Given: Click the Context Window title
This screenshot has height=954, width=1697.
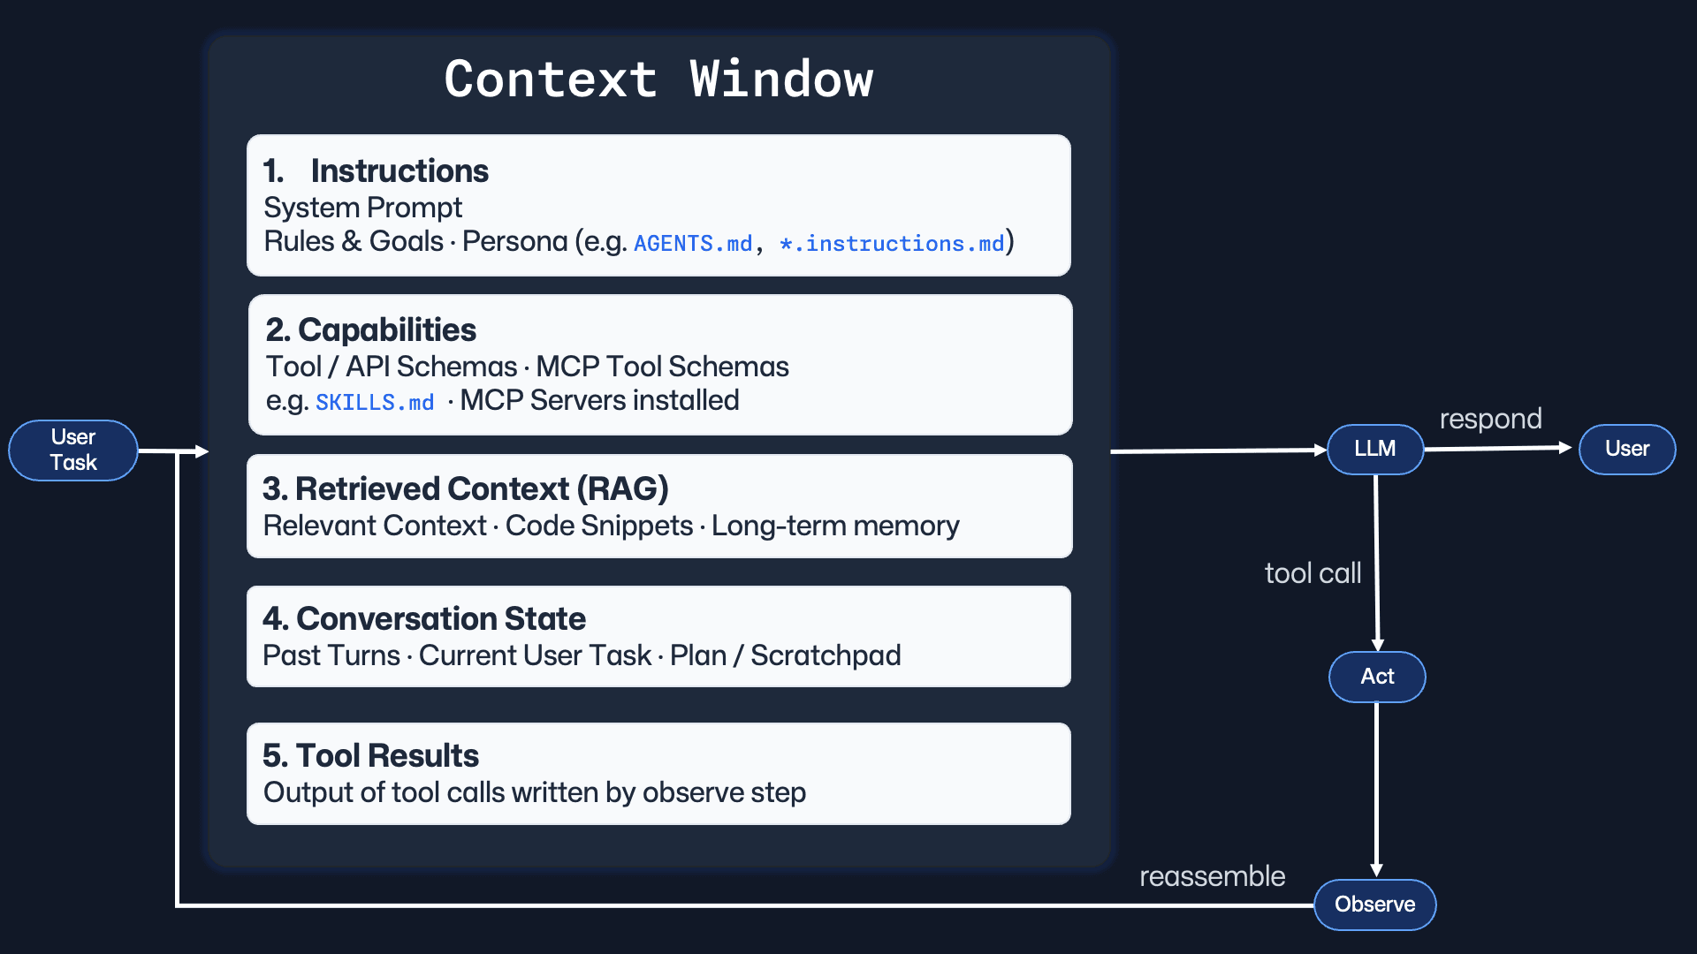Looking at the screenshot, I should click(x=658, y=79).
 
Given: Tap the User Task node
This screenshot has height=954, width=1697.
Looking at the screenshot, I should click(x=73, y=450).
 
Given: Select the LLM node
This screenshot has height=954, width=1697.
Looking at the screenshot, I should click(x=1374, y=449).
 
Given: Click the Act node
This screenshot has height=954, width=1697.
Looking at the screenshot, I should click(x=1377, y=677).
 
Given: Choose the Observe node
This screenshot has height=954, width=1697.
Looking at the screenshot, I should click(x=1374, y=905).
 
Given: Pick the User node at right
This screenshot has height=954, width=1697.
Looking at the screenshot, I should click(x=1626, y=449).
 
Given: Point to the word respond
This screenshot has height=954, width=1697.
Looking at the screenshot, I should click(x=1490, y=419).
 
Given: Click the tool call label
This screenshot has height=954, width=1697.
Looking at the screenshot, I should click(x=1313, y=573).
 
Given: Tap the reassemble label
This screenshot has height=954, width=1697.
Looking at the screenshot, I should click(x=1212, y=876).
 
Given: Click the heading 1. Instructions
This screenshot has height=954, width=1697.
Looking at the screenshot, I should click(x=376, y=170).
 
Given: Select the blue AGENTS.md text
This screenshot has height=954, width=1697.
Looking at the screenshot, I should click(x=693, y=243).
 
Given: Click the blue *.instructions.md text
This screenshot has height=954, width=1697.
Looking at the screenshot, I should click(x=892, y=243).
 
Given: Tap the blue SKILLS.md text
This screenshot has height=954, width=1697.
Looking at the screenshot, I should click(x=375, y=403).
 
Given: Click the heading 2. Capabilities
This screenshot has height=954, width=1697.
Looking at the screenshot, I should click(x=370, y=329).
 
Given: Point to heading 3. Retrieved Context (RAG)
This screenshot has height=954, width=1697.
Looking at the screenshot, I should click(x=465, y=488).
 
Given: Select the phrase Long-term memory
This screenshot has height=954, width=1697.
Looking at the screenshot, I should click(x=834, y=526).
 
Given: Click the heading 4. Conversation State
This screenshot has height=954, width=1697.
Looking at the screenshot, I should click(x=423, y=618).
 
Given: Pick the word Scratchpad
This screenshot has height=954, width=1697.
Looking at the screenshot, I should click(x=826, y=655).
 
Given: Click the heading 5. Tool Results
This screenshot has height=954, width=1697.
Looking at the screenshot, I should click(x=370, y=755).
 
